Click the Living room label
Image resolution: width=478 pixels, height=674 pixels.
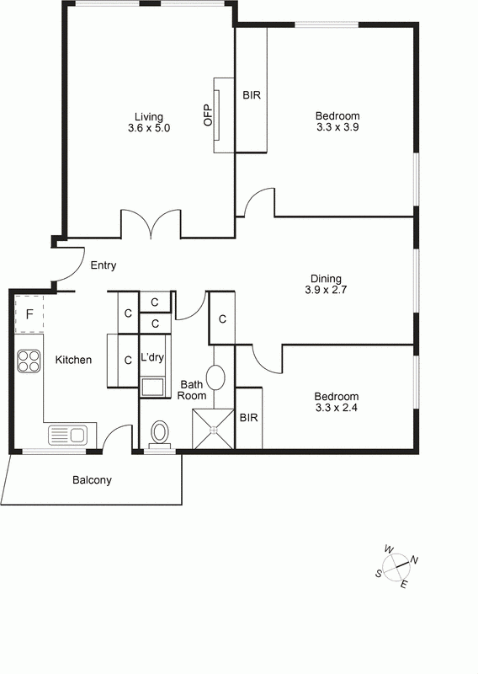[148, 116]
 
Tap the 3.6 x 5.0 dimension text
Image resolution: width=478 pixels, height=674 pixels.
[148, 129]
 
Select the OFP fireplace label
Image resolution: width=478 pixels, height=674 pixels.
[208, 115]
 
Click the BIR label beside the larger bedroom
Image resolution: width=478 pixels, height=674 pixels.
[252, 95]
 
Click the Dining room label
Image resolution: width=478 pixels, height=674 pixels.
[327, 278]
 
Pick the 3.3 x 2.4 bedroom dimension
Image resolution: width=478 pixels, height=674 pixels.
[337, 409]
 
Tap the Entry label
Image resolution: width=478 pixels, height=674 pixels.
[103, 265]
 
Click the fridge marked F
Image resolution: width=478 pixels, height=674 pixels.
[29, 314]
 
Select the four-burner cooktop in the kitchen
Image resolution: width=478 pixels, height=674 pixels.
[29, 361]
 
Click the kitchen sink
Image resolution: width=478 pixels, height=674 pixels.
[67, 435]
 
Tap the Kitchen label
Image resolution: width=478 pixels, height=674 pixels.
[73, 360]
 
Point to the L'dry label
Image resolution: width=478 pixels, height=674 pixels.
[152, 357]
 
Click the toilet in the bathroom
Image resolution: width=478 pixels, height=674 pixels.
[160, 434]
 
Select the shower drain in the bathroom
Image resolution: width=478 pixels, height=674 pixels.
[214, 429]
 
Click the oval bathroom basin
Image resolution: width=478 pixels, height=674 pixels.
[215, 377]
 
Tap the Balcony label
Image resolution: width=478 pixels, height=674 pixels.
[92, 480]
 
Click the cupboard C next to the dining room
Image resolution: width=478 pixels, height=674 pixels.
[221, 318]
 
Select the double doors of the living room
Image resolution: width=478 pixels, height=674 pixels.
[151, 223]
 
